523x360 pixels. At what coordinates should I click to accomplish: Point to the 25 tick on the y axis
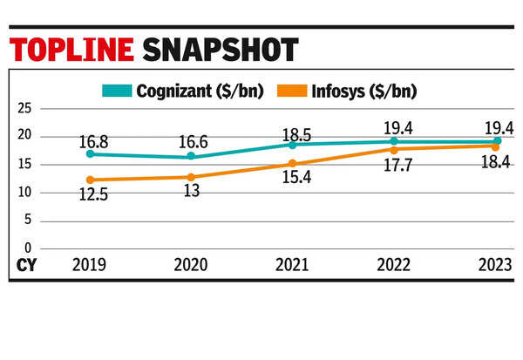[24, 108]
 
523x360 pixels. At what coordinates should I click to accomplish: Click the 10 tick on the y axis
[24, 192]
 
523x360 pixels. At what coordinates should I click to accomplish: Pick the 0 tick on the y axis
[27, 248]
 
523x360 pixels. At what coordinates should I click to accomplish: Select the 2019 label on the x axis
[89, 263]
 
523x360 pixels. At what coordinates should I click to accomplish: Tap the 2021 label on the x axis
[291, 263]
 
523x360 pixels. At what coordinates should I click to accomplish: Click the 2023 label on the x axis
[495, 263]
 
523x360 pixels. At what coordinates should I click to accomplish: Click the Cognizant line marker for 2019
[89, 154]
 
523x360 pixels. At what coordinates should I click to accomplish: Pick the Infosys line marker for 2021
[292, 163]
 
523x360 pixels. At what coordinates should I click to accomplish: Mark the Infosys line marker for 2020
[190, 176]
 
